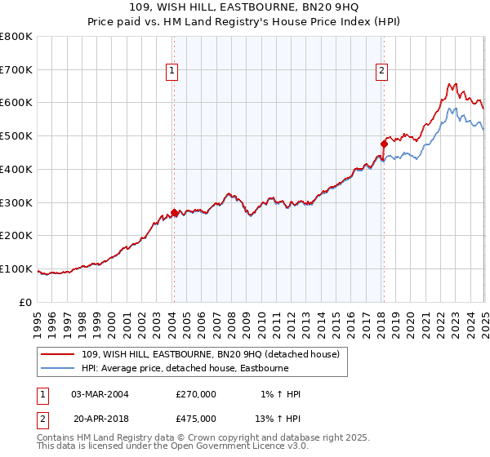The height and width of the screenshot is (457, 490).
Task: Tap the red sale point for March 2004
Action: (173, 212)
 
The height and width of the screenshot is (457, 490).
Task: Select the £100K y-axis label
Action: (18, 269)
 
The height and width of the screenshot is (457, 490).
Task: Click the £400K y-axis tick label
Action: (18, 170)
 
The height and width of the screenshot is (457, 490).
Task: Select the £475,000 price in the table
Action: (195, 419)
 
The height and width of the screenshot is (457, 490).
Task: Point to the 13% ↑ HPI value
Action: (278, 419)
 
